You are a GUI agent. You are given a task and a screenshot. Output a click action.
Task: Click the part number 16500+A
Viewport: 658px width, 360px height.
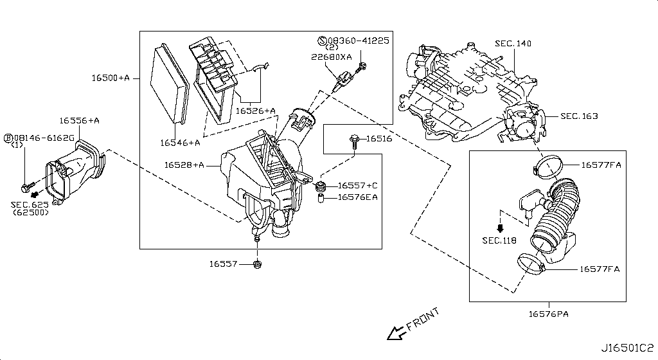(x=111, y=78)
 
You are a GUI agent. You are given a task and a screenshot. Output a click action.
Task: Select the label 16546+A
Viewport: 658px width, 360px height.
(x=180, y=143)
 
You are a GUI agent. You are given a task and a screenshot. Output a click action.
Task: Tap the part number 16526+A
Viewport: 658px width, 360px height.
(x=256, y=111)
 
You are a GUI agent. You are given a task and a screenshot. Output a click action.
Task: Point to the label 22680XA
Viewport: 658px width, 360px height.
(x=332, y=57)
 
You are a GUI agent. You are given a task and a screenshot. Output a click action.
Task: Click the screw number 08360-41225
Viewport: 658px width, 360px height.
(x=359, y=40)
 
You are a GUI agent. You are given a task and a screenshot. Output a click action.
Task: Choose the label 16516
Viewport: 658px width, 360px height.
(x=379, y=138)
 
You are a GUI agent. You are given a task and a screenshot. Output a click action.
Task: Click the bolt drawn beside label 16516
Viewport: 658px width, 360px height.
(x=354, y=142)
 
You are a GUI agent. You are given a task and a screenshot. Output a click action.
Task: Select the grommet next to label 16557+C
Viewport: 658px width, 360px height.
(x=321, y=185)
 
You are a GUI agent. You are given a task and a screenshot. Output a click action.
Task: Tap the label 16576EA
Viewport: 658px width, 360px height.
(x=357, y=197)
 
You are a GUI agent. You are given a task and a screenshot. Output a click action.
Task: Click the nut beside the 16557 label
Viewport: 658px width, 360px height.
(x=258, y=264)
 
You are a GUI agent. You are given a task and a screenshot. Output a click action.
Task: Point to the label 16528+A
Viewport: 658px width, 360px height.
(x=184, y=165)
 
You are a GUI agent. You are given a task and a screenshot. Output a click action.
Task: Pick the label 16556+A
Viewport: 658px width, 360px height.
(x=79, y=121)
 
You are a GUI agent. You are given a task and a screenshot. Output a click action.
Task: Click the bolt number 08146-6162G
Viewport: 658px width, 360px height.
(x=44, y=138)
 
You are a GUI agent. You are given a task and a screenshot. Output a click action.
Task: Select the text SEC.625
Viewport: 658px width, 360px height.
(x=30, y=205)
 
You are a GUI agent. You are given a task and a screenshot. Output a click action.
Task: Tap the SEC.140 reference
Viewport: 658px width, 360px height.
(x=513, y=43)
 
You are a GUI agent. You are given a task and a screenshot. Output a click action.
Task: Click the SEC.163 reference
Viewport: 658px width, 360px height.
(x=579, y=116)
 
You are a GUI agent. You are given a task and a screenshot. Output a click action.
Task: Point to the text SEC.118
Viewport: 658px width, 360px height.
(x=499, y=240)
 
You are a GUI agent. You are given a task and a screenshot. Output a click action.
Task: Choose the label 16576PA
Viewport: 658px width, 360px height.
(x=549, y=314)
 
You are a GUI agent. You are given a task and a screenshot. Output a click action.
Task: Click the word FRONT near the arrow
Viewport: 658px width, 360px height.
(x=423, y=319)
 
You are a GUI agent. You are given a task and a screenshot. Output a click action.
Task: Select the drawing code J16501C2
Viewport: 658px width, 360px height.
(x=627, y=348)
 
